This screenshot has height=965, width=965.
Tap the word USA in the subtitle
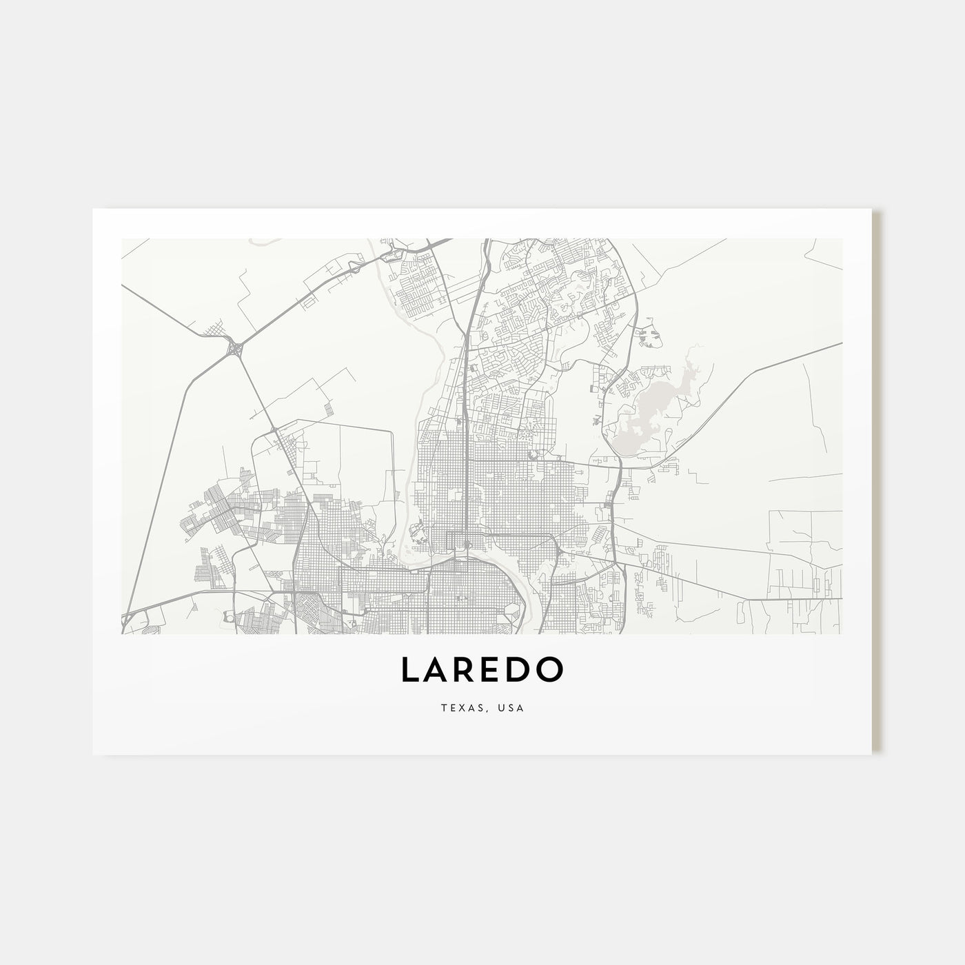point(513,708)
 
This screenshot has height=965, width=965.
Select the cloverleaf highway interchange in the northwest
point(236,349)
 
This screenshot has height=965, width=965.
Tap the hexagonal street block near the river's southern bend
point(512,611)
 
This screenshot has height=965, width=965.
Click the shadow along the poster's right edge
point(877,482)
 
